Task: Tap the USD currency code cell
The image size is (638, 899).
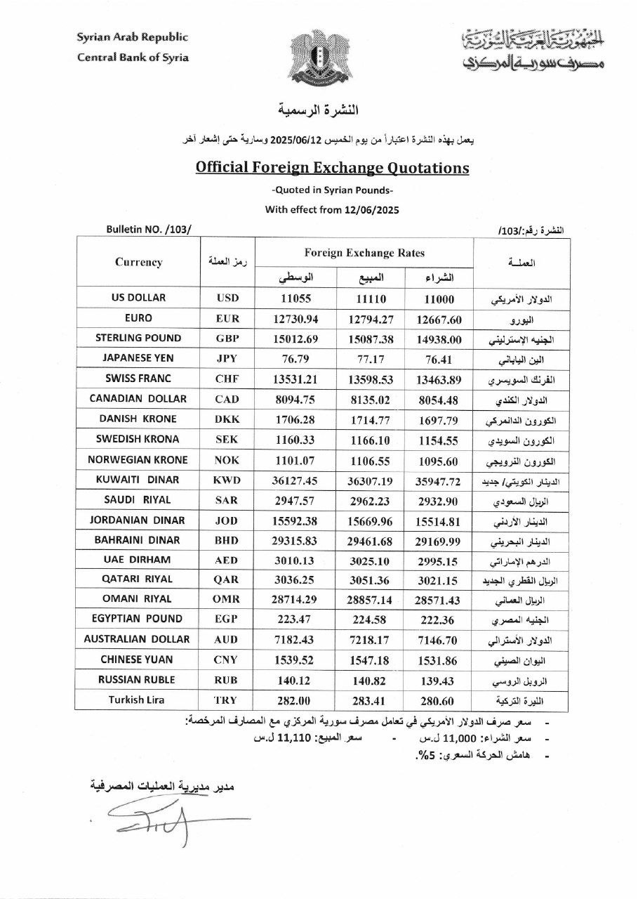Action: pos(229,298)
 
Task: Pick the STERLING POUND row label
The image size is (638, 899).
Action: pos(138,338)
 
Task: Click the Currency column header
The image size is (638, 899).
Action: pos(138,262)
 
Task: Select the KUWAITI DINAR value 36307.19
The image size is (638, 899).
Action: pos(368,480)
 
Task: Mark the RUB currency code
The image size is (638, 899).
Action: pos(229,680)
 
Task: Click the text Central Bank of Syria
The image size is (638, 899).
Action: pos(133,57)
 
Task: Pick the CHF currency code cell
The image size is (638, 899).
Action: pos(229,379)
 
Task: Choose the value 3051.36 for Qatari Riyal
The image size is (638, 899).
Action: pos(368,579)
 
